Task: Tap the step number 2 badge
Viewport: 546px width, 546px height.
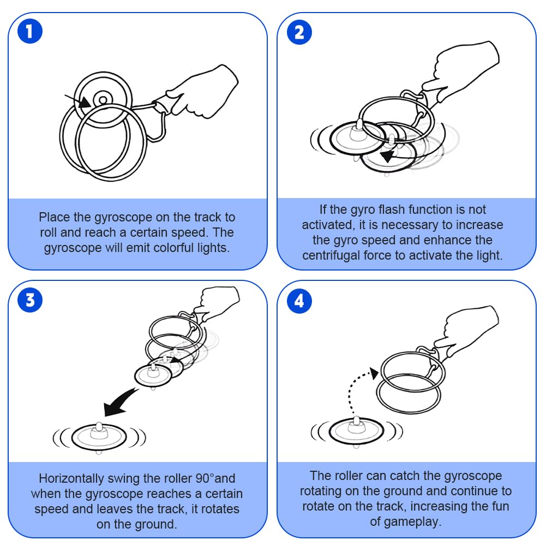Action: tap(299, 33)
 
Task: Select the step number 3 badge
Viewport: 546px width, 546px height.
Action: tap(30, 301)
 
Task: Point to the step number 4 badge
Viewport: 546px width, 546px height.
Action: tap(299, 301)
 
